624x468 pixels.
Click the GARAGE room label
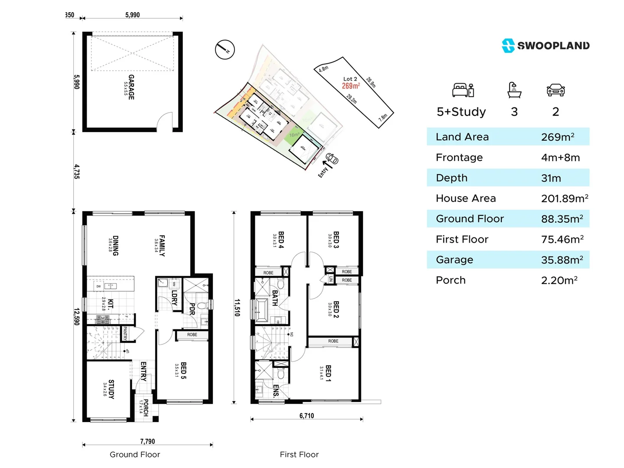[131, 87]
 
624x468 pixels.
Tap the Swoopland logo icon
[508, 45]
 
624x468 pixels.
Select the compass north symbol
[225, 50]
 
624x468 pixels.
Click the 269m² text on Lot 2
[351, 86]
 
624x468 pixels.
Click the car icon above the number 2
[556, 90]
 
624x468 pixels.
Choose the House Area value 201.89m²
[564, 198]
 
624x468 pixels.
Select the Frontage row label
[459, 157]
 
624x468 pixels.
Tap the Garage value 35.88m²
[562, 260]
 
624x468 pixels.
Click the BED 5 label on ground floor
[183, 370]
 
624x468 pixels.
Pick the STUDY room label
[111, 389]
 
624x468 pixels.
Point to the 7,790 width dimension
[147, 441]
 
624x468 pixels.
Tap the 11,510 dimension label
[237, 307]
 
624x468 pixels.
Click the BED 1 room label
[328, 373]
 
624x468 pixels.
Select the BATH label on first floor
[275, 298]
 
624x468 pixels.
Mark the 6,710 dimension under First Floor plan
[306, 416]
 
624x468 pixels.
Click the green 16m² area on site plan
[294, 134]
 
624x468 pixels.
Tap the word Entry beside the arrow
[323, 172]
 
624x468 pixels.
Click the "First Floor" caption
[299, 454]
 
